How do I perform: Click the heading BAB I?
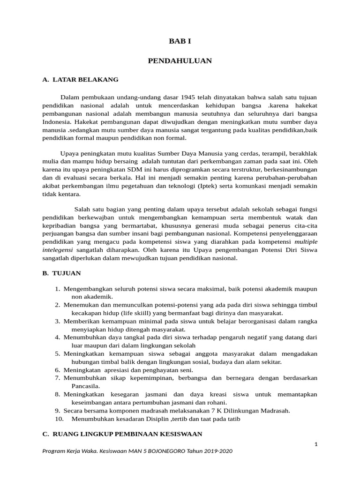click(x=180, y=41)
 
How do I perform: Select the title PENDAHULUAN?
click(x=180, y=60)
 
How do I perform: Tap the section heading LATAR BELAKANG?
click(x=85, y=80)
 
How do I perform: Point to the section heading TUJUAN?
click(x=66, y=273)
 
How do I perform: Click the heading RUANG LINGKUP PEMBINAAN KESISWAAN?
click(x=126, y=434)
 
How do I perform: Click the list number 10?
click(x=59, y=419)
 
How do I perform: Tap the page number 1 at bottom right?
click(x=316, y=443)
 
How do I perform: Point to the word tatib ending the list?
click(x=232, y=419)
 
